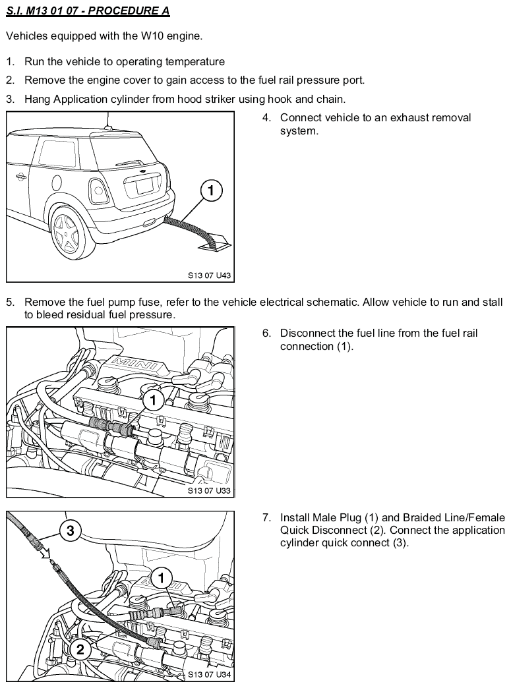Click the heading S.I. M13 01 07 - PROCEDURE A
[88, 11]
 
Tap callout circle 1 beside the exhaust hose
[211, 190]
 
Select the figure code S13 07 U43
[209, 275]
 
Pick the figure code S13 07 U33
[209, 490]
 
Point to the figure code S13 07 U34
[209, 674]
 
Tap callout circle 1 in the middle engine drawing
[153, 400]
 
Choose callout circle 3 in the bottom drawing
[71, 531]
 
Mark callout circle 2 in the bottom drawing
[80, 648]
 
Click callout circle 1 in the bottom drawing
[161, 578]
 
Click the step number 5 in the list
[10, 302]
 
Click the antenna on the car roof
[108, 121]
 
